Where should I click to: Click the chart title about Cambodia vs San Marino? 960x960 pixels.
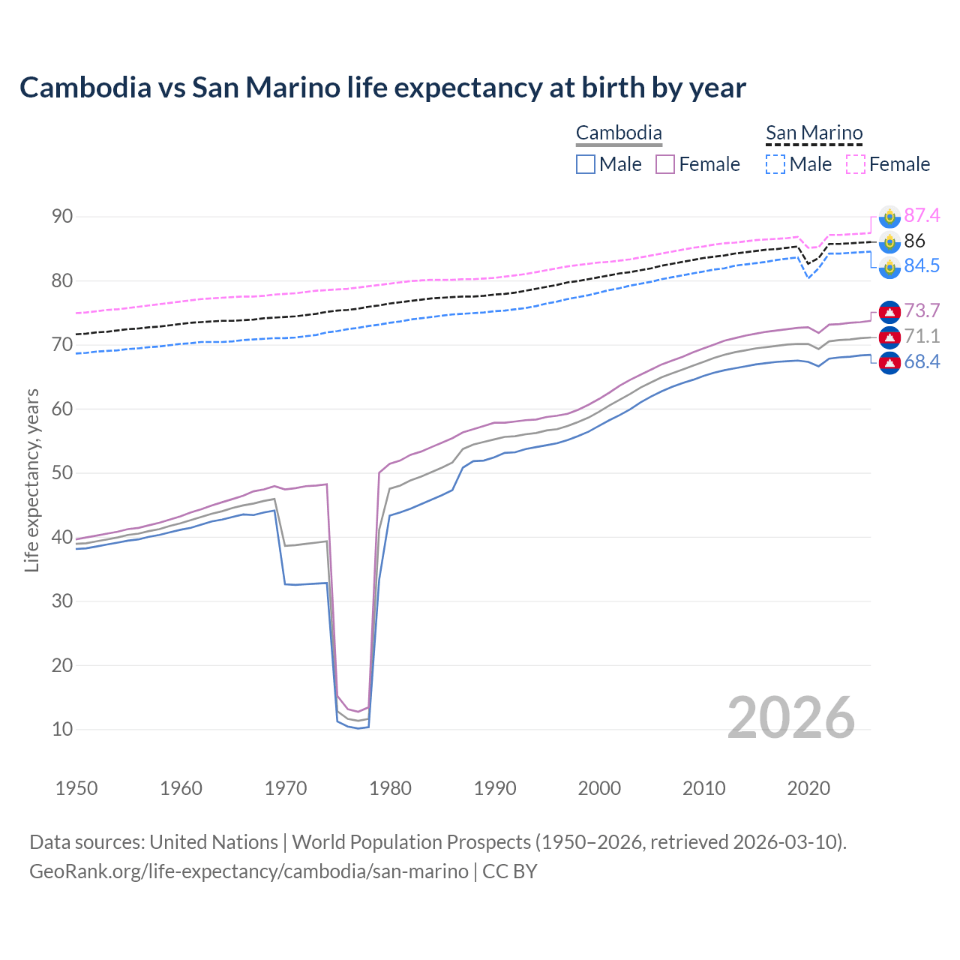tap(382, 88)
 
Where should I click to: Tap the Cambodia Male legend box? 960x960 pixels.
tap(586, 164)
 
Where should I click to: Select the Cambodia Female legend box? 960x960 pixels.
tap(665, 164)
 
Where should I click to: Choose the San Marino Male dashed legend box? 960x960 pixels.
tap(775, 164)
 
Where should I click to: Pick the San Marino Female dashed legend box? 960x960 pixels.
tap(856, 164)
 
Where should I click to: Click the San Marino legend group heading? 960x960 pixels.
tap(814, 133)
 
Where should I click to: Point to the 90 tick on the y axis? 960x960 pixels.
tap(62, 217)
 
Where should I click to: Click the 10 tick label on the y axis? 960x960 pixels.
tap(62, 729)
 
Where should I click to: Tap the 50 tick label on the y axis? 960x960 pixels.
tap(62, 473)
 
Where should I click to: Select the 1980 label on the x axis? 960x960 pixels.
tap(391, 788)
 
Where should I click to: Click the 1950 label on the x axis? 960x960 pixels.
tap(76, 788)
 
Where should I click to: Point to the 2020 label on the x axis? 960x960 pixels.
tap(808, 788)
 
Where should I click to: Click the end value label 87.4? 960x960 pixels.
tap(922, 216)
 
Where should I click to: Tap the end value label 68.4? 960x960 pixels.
tap(922, 362)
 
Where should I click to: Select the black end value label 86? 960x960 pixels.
tap(915, 241)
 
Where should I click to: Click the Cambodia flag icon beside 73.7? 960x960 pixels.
tap(889, 311)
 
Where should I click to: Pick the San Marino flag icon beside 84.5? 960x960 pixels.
tap(889, 267)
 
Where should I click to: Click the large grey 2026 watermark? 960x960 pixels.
tap(791, 718)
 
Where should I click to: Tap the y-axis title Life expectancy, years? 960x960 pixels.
tap(32, 480)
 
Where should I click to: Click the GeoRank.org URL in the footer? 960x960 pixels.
tap(248, 871)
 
